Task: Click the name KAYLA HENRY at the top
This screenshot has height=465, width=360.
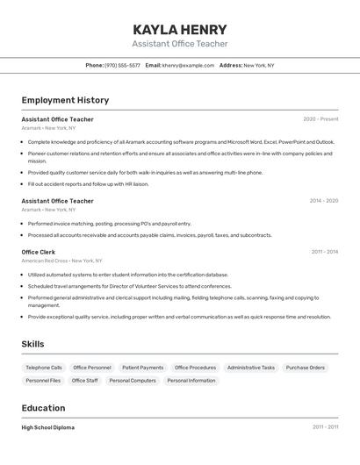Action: click(x=180, y=29)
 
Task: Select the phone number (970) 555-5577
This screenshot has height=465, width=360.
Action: click(x=122, y=65)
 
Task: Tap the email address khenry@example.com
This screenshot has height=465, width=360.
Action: click(x=188, y=65)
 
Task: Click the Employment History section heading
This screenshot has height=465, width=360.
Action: click(x=65, y=100)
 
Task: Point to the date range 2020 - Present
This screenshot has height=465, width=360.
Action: click(x=320, y=119)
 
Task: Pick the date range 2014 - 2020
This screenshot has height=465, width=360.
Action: click(x=323, y=201)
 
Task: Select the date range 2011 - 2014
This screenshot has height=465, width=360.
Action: click(x=324, y=252)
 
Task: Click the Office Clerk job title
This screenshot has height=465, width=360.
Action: click(x=40, y=252)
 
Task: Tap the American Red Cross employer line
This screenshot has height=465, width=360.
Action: click(x=61, y=261)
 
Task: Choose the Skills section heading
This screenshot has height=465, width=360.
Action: click(x=32, y=344)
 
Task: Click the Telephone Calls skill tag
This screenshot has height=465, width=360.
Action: click(x=44, y=368)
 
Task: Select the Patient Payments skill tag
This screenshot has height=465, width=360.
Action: click(x=142, y=368)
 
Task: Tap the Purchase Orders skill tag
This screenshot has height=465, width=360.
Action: click(x=305, y=368)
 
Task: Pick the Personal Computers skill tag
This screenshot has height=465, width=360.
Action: click(x=133, y=381)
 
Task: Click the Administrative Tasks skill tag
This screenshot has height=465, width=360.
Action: click(x=250, y=368)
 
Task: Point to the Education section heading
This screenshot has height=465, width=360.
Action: click(x=43, y=408)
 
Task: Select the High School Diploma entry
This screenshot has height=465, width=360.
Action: click(x=48, y=427)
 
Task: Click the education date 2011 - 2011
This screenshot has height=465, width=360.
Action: click(x=324, y=427)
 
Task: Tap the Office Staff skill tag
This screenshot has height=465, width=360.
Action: click(x=84, y=381)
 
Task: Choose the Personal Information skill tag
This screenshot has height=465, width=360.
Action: click(x=191, y=381)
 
